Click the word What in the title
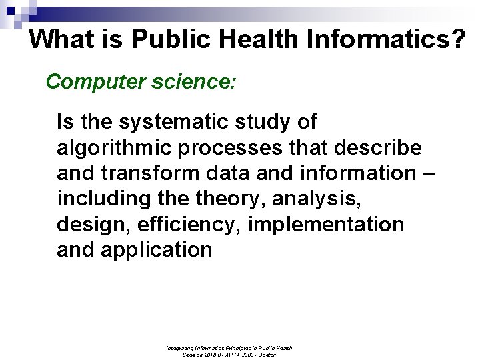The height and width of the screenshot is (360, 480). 62,39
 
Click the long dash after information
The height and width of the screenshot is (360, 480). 428,173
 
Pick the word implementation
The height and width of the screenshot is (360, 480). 326,225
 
